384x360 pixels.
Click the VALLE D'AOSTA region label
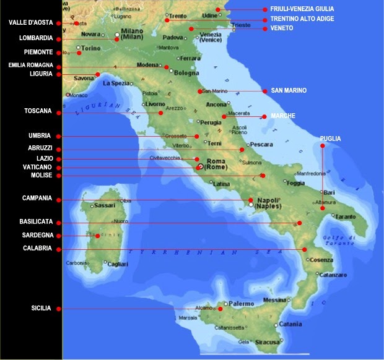[30, 23]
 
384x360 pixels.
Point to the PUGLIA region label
[330, 139]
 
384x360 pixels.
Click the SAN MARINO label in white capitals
[285, 91]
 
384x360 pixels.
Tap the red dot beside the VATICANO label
[58, 168]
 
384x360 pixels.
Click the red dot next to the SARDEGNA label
[58, 236]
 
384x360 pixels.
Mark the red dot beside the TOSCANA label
[58, 112]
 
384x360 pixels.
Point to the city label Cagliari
[117, 264]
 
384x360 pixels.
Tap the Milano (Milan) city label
[131, 33]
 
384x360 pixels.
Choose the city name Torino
[91, 48]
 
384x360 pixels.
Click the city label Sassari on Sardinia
[104, 205]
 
